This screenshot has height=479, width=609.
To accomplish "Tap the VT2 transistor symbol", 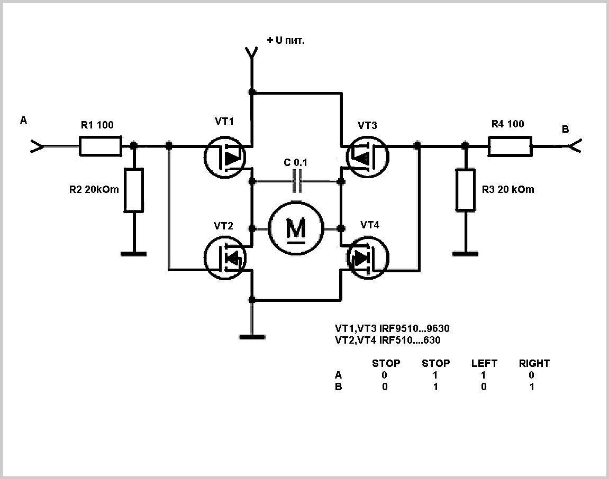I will point(225,258).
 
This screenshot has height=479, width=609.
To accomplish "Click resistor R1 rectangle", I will point(100,146).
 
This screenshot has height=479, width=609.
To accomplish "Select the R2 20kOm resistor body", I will point(133,190).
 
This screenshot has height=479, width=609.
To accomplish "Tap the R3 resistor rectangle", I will point(465,190).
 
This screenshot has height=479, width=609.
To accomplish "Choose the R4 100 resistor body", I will point(509,146).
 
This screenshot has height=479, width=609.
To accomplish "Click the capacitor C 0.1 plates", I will point(297,181).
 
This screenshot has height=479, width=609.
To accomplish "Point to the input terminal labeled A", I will point(36,146).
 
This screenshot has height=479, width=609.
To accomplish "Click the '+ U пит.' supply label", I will point(286,40).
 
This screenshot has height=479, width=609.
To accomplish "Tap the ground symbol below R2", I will point(133,254).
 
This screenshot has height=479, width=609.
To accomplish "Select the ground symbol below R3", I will point(466,254).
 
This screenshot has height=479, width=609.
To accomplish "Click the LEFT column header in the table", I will point(484,364).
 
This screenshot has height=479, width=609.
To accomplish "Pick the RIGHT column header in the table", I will point(534,364).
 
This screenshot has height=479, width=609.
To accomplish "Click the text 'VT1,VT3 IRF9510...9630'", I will point(392,329).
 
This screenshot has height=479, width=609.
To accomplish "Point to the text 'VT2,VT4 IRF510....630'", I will point(388,340).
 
